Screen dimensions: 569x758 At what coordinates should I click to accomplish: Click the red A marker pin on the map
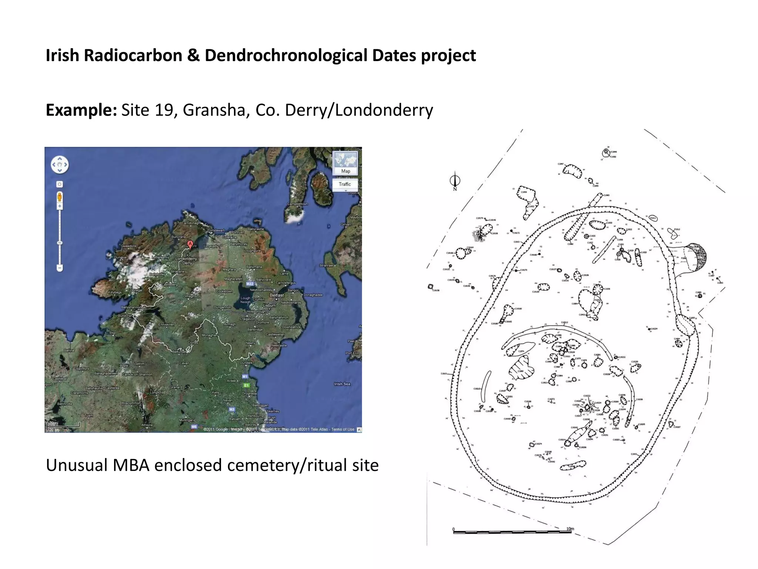(190, 244)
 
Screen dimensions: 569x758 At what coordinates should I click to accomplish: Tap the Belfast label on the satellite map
(276, 295)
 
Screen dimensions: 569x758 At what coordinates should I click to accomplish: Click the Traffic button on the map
(345, 184)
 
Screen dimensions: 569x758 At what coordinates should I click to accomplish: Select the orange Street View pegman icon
(60, 197)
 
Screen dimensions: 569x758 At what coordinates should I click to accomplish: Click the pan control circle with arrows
(60, 164)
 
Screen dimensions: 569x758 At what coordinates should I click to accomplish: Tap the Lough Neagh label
(245, 300)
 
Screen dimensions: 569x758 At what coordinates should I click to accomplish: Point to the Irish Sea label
(342, 384)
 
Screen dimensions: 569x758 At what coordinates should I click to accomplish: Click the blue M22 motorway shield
(250, 284)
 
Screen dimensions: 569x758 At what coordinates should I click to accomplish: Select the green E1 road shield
(246, 385)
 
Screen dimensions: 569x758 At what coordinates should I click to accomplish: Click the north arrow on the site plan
(455, 181)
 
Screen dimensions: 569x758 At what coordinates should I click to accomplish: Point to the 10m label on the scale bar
(570, 529)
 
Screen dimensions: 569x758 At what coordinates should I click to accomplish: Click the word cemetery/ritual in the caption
(266, 465)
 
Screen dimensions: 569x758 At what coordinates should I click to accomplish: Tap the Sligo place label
(113, 333)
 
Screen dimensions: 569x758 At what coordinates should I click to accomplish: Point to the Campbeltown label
(298, 204)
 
